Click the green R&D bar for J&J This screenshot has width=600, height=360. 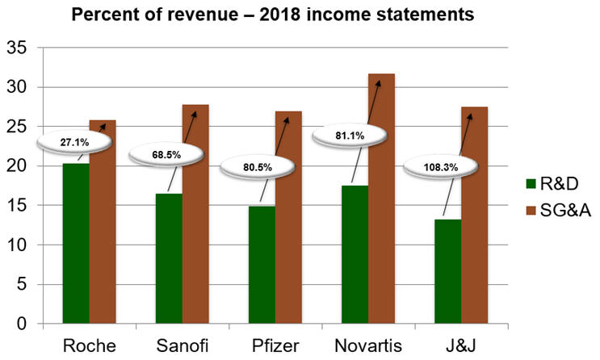(449, 271)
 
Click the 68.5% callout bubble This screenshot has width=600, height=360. (166, 153)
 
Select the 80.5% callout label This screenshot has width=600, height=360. (258, 168)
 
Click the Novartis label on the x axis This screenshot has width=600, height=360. (368, 345)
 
